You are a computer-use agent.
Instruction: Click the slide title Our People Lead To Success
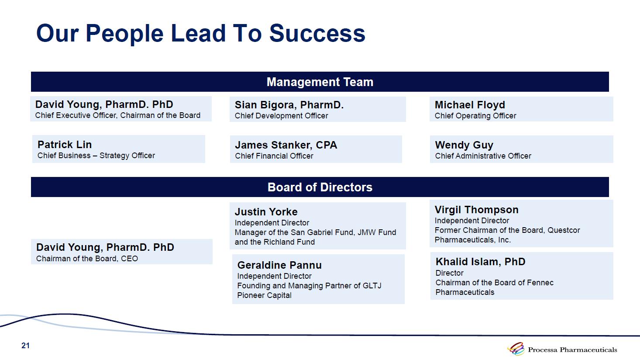click(200, 34)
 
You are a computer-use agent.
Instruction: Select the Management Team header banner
click(320, 82)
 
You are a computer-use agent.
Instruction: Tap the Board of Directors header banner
click(320, 187)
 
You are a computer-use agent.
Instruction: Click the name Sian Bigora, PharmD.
click(289, 105)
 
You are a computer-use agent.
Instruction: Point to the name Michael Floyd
click(470, 105)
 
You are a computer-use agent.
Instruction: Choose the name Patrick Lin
click(65, 145)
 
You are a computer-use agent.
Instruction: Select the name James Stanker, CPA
click(286, 145)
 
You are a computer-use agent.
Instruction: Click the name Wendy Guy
click(464, 145)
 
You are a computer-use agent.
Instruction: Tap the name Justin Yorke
click(266, 212)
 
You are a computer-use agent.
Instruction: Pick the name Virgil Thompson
click(476, 210)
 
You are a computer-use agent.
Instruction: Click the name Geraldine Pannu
click(279, 265)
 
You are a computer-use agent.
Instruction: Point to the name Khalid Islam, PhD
click(480, 262)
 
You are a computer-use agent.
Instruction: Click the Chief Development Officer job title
click(281, 116)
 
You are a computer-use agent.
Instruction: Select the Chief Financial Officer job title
click(274, 156)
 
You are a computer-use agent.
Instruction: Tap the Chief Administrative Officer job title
click(483, 156)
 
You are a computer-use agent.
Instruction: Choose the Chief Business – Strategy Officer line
click(96, 156)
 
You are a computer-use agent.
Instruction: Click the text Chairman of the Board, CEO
click(87, 259)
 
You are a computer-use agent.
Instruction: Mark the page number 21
click(25, 346)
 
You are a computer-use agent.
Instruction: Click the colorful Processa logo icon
click(516, 349)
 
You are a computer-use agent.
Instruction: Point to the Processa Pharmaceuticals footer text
click(572, 350)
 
